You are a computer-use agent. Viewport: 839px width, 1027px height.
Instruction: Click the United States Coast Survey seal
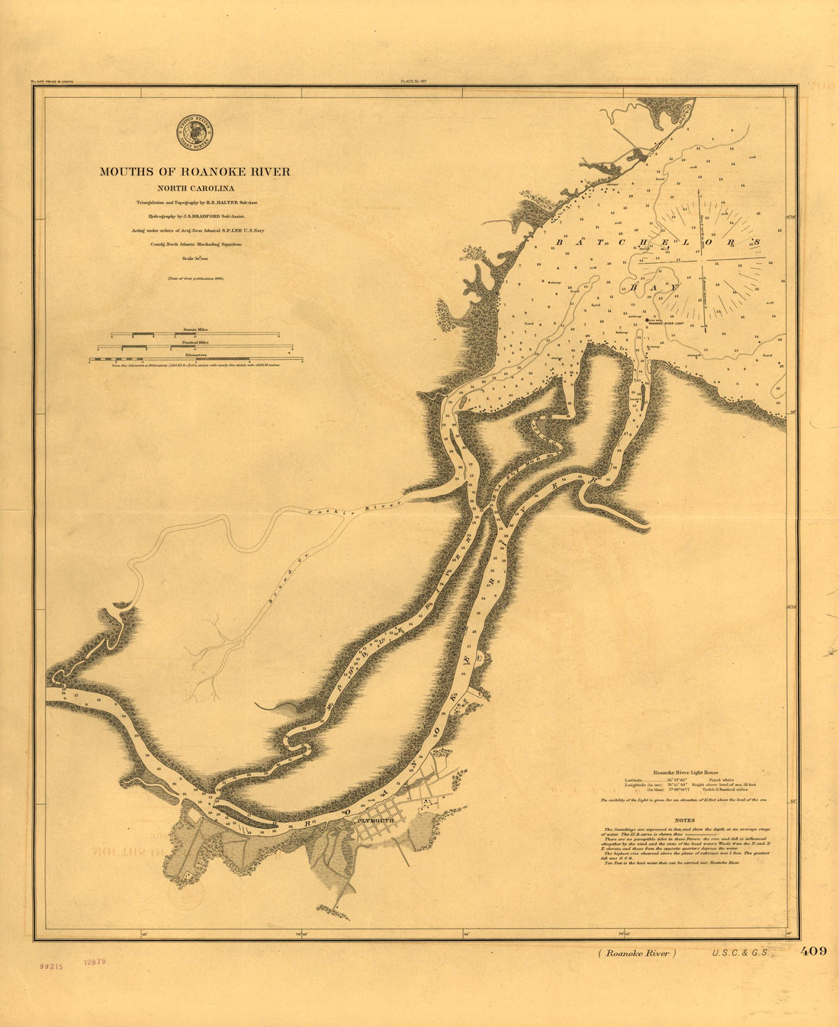[x=194, y=130]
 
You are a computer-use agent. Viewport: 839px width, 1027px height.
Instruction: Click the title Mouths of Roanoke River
[x=194, y=172]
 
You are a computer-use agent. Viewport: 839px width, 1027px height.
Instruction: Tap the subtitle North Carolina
[x=196, y=188]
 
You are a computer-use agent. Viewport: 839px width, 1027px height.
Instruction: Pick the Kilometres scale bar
[x=195, y=358]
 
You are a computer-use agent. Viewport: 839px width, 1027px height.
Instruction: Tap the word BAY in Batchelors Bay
[x=654, y=288]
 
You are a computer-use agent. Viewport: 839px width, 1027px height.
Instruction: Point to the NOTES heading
[x=684, y=820]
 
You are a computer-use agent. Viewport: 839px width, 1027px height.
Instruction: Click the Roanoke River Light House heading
[x=680, y=772]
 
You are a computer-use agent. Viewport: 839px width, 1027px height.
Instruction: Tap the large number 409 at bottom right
[x=813, y=951]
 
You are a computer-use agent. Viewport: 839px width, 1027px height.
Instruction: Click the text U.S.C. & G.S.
[x=738, y=952]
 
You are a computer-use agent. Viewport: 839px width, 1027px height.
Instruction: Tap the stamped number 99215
[x=52, y=964]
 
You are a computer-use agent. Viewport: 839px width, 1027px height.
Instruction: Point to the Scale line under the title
[x=196, y=259]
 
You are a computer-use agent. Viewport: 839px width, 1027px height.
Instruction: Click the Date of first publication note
[x=196, y=279]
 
